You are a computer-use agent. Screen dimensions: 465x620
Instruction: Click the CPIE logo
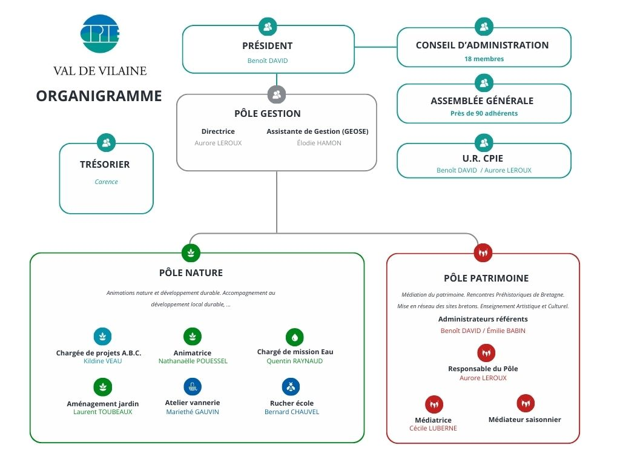[100, 33]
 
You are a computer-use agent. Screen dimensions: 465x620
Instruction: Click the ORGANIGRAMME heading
[99, 96]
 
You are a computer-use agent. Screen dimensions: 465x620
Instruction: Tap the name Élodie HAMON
[319, 143]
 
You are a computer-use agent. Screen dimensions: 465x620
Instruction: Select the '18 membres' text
[484, 59]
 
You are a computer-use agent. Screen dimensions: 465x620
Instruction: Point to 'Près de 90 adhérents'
[484, 113]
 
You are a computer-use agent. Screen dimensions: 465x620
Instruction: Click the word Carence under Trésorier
[106, 182]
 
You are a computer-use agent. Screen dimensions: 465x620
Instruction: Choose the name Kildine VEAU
[103, 361]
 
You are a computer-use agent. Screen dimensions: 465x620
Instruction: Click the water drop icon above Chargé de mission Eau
[295, 337]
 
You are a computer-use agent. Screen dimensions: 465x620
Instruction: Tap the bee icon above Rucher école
[291, 386]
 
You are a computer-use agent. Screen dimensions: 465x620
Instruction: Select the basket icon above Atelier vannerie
[193, 386]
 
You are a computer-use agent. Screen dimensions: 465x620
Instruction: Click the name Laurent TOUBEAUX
[102, 412]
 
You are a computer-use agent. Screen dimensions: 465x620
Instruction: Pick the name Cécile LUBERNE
[433, 428]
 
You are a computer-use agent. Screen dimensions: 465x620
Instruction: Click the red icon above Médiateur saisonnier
[526, 403]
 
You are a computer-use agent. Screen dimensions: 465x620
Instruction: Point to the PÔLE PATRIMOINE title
[486, 279]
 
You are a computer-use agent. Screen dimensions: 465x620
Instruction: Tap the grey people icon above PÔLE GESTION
[277, 94]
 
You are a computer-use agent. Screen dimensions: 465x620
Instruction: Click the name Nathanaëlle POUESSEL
[193, 361]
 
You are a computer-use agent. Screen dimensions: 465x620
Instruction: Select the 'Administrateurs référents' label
[483, 319]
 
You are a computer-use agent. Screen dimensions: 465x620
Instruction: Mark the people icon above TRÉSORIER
[106, 143]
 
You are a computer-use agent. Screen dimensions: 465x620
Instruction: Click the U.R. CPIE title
[483, 159]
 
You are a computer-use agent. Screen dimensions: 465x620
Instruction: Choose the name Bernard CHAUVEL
[291, 412]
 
